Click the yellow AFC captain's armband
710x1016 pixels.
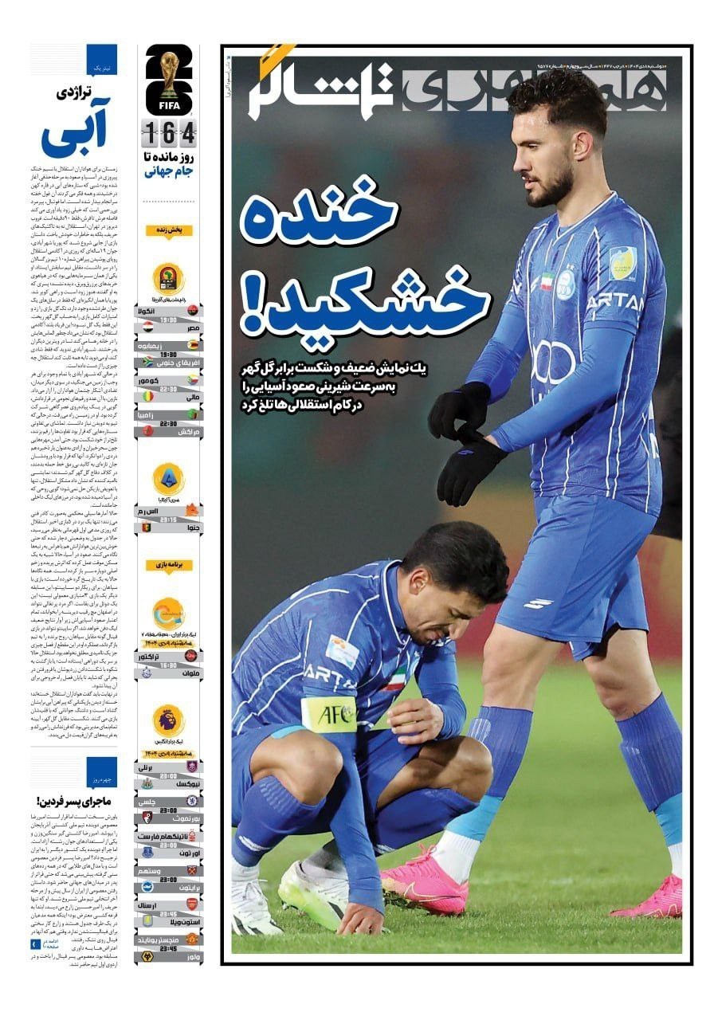[x=328, y=714]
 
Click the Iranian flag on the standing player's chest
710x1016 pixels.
[x=547, y=282]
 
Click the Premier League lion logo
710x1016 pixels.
[x=169, y=720]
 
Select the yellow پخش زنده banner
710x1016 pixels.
[x=169, y=230]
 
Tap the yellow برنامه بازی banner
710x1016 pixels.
[x=169, y=565]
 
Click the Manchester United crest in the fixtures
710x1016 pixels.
[x=192, y=938]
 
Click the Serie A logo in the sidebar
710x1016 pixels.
[x=169, y=480]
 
